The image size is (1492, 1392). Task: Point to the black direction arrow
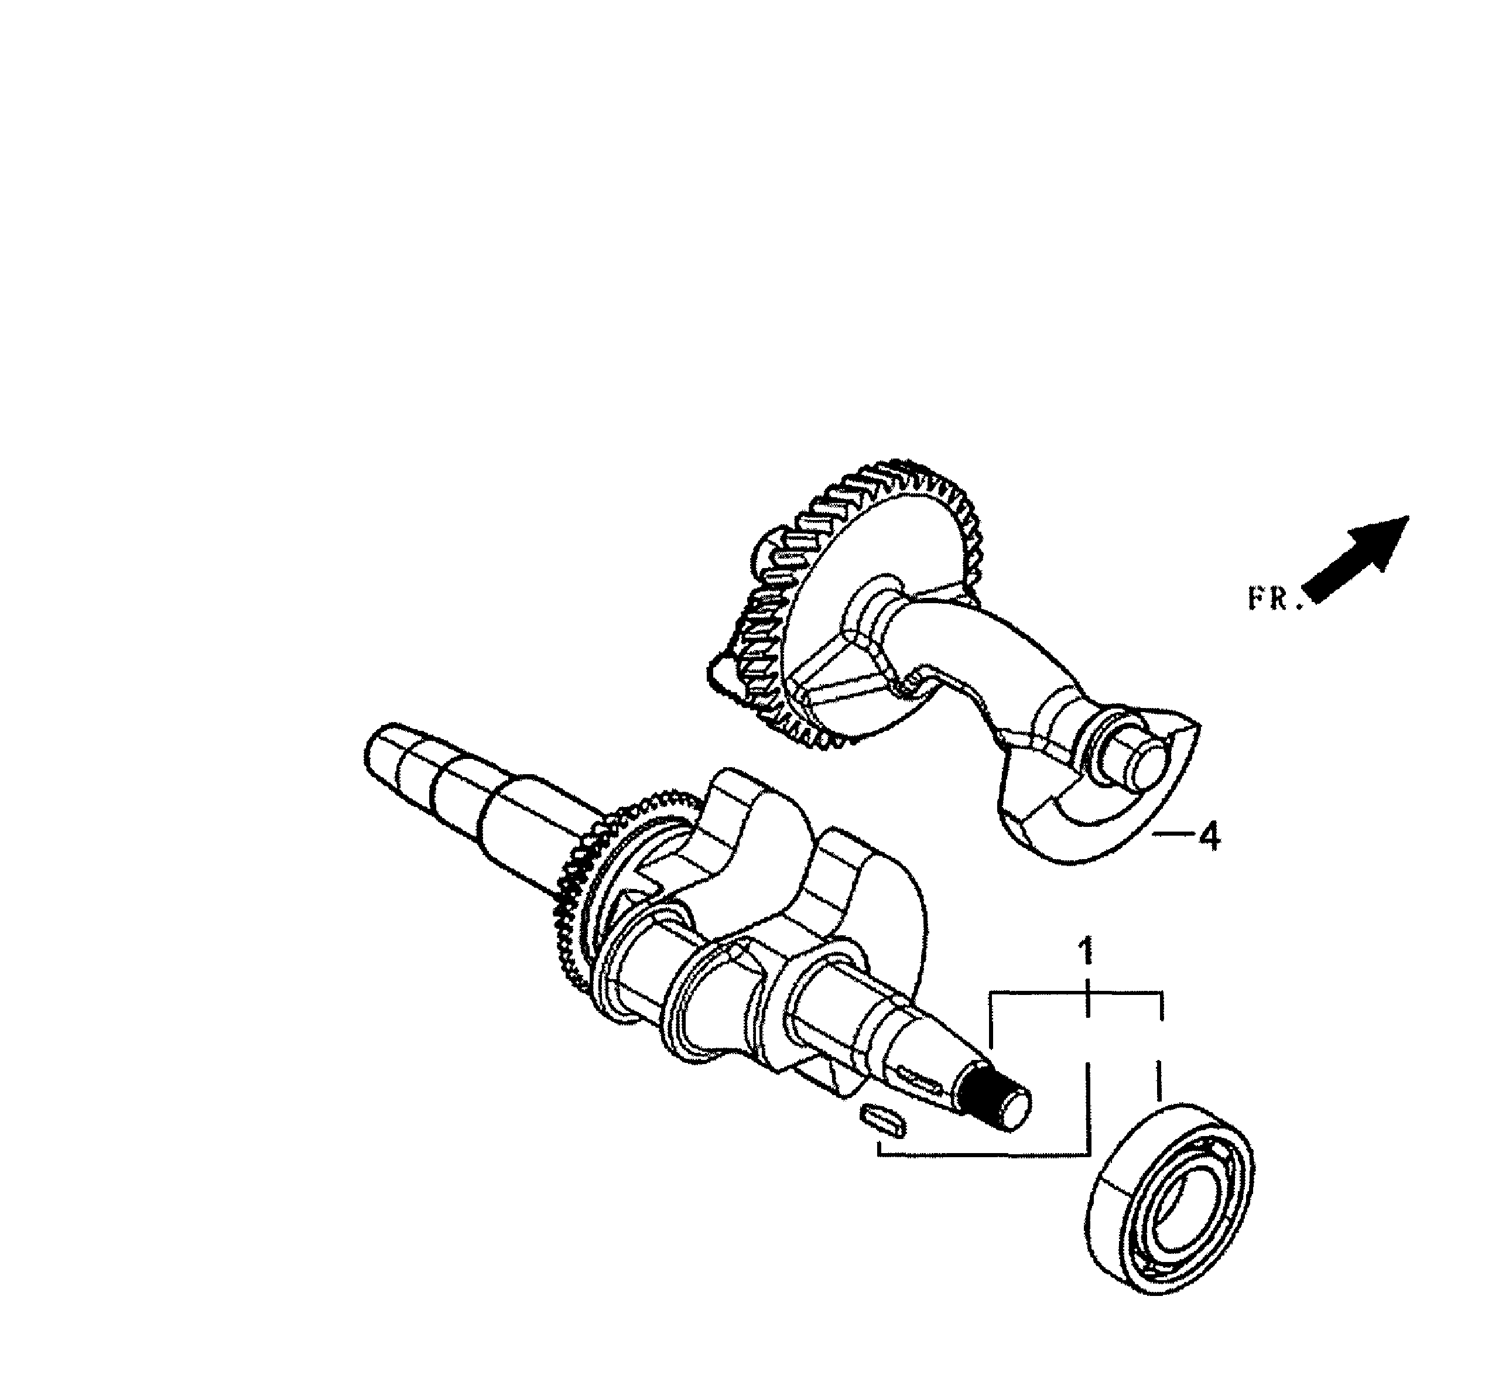1359,558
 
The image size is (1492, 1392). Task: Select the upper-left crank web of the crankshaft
743,826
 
